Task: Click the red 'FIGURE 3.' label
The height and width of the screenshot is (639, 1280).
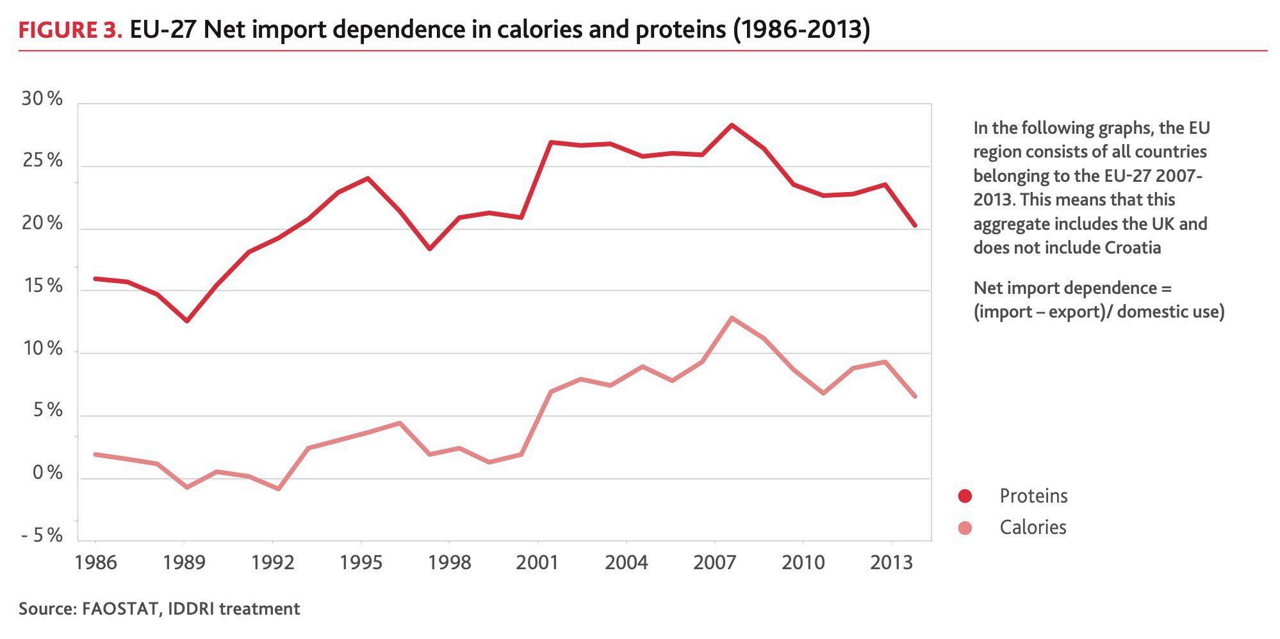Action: pos(70,29)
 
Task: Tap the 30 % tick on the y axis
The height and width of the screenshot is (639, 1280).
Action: pos(42,99)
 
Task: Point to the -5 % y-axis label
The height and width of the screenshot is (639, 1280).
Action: pos(42,535)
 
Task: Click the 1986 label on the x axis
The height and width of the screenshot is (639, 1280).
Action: pos(95,563)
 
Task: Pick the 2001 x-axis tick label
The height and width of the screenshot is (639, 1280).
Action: pos(538,563)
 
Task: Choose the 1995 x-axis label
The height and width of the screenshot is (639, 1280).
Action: pos(361,563)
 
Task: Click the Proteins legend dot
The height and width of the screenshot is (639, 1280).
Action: pos(965,496)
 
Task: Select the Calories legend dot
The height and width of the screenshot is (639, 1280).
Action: pos(965,528)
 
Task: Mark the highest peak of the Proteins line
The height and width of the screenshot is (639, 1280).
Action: pos(732,125)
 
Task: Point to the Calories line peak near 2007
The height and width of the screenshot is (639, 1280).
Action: pos(732,318)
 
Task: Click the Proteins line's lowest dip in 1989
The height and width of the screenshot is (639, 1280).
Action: pos(186,321)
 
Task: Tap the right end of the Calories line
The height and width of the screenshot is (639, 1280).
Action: pos(915,396)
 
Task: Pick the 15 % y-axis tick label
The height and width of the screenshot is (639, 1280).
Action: pos(42,286)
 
